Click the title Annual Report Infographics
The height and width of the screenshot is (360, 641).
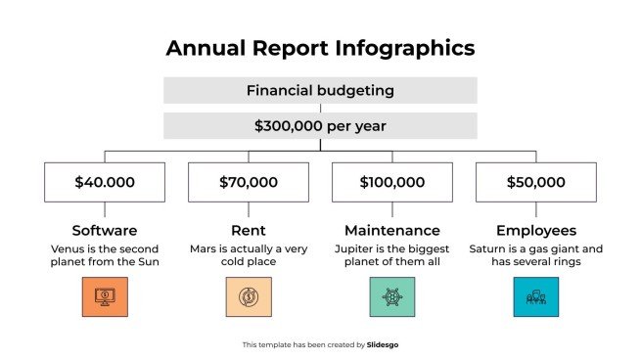coord(320,48)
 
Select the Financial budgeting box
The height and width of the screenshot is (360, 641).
coord(320,91)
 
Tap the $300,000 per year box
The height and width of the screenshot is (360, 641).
coord(320,126)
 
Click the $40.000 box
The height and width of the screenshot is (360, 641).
coord(105,182)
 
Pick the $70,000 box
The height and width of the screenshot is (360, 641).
coord(249,182)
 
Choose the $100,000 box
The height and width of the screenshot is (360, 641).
coord(392,182)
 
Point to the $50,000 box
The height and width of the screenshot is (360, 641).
coord(535,182)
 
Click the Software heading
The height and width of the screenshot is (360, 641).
coord(105,231)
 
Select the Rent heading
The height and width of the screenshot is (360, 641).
coord(249,231)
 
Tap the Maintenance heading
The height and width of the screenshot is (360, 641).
coord(392,231)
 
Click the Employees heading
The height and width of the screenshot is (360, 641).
coord(535,231)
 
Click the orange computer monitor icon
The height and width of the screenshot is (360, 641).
coord(105,296)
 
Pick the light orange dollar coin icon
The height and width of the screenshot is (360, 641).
coord(249,296)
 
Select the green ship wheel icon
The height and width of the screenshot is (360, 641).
coord(392,296)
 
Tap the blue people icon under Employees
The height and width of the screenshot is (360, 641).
coord(535,296)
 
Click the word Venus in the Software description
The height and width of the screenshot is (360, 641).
coord(68,248)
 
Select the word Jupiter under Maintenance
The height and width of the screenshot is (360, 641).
coord(352,248)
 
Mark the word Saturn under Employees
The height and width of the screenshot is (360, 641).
coord(486,248)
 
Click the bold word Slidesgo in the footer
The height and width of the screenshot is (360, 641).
coord(383,344)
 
